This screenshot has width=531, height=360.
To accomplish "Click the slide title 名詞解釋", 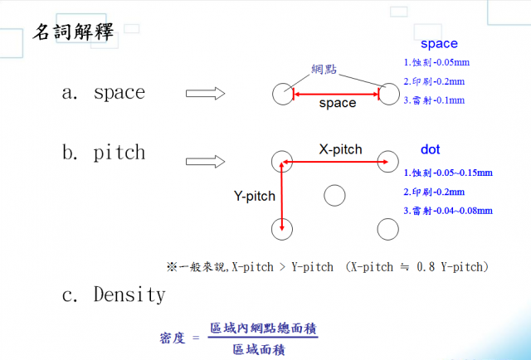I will click(x=73, y=33).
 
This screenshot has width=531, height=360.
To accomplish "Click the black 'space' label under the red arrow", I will click(x=337, y=104).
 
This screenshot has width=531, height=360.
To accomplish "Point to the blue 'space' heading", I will click(x=438, y=44).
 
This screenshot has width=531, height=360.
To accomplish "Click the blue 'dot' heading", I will click(x=430, y=150).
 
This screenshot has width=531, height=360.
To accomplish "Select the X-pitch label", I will click(x=340, y=149).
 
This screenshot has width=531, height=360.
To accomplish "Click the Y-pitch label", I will click(x=254, y=197).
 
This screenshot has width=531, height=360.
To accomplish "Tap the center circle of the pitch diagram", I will click(x=334, y=195).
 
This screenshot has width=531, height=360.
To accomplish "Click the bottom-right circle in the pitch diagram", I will click(x=387, y=228).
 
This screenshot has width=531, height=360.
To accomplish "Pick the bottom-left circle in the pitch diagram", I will click(x=283, y=228).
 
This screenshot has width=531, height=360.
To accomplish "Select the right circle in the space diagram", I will click(x=388, y=94).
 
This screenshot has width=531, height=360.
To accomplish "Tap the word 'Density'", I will click(x=129, y=294).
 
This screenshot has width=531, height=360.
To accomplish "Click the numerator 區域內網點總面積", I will click(x=263, y=329).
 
